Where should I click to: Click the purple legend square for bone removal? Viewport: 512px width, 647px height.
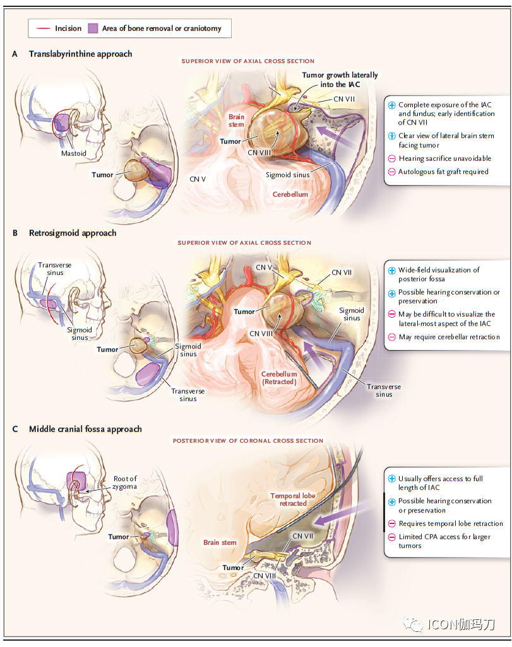pos(93,28)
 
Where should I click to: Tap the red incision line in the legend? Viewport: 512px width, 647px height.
pos(44,28)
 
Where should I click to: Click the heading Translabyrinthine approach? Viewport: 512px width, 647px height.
pos(81,54)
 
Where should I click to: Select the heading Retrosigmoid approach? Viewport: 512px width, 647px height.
pos(73,233)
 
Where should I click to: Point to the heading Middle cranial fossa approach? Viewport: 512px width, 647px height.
pos(85,429)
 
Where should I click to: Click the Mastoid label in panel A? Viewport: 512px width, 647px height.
pos(74,153)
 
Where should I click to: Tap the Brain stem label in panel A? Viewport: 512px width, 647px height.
pos(236,120)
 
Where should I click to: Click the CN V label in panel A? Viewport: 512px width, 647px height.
pos(198,179)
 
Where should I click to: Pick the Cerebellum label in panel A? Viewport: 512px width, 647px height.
pos(290,194)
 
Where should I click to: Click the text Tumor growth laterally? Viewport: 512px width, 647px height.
pos(340,75)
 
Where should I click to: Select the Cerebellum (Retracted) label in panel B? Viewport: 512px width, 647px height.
pos(279,378)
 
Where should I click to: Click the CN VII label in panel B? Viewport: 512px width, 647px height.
pos(342,273)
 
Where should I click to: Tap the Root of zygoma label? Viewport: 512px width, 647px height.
pos(125,482)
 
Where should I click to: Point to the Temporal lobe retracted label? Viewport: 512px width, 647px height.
pos(292,499)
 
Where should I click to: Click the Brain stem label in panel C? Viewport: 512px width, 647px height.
pos(220,542)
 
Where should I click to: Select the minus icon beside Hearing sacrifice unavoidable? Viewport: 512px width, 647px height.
pos(392,158)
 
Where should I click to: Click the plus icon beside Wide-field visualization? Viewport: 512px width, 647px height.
pos(392,271)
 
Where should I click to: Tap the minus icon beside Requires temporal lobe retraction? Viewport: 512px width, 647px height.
pos(392,523)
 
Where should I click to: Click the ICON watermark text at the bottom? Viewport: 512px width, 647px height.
pos(461,624)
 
